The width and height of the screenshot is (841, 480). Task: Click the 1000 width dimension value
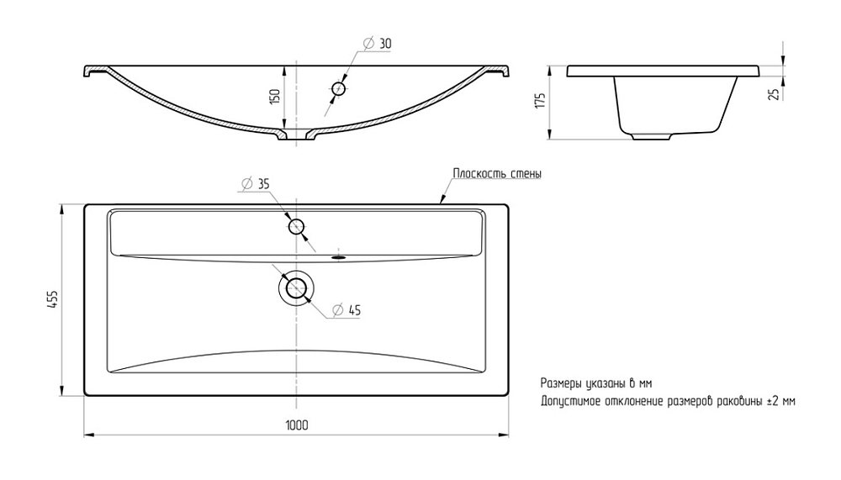tap(297, 425)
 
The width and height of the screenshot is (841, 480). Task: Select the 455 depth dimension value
tap(52, 298)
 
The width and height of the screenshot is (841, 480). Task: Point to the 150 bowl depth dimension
tap(275, 97)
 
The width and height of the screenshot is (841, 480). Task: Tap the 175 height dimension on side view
tap(540, 100)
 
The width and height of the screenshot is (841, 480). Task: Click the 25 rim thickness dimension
tap(774, 94)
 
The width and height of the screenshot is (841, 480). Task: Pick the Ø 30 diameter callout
tap(378, 44)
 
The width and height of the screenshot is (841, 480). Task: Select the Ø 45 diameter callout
tap(346, 310)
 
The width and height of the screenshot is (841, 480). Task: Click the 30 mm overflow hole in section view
tap(339, 89)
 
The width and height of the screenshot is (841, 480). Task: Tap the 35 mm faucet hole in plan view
tap(297, 227)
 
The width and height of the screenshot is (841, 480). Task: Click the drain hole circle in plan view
tap(295, 288)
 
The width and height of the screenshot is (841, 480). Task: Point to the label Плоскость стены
tap(497, 174)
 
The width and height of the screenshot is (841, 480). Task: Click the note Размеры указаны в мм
tap(596, 383)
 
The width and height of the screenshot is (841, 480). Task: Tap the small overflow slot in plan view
tap(339, 257)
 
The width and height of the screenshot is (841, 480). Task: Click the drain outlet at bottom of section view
tap(297, 135)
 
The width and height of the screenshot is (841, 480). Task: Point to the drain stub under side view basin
tap(651, 136)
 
